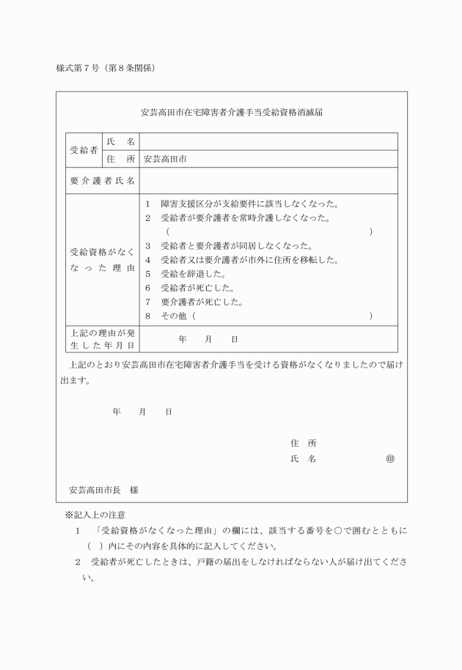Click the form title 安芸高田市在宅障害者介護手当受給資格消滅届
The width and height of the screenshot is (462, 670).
232,113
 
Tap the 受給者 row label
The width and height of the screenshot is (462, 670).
84,150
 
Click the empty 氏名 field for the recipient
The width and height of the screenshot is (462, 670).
268,141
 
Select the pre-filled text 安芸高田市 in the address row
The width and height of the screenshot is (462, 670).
165,159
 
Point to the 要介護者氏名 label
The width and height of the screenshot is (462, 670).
102,181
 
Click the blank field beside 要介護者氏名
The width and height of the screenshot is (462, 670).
268,181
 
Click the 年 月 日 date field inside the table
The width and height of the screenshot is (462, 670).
208,340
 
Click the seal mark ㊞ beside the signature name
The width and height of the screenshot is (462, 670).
390,459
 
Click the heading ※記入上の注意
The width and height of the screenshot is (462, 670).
95,515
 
